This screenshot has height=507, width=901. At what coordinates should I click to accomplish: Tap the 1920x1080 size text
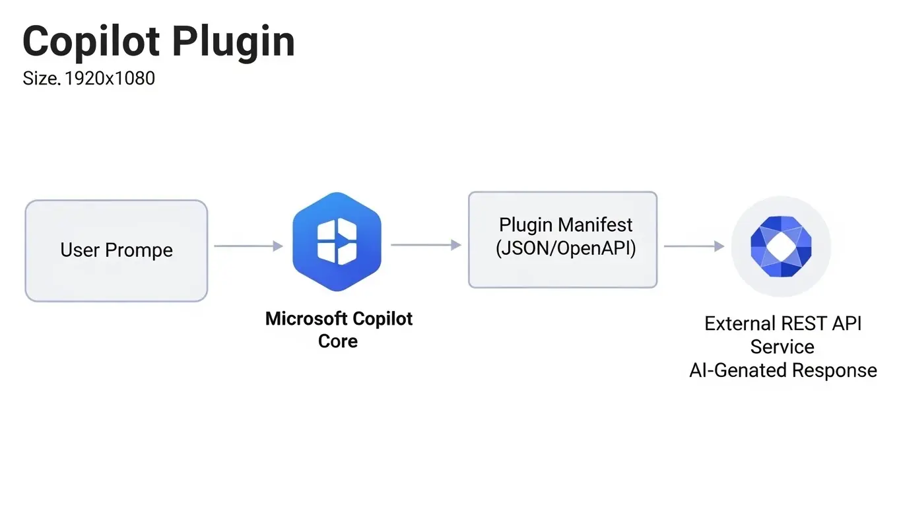pyautogui.click(x=110, y=79)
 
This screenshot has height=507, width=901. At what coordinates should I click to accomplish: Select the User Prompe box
pyautogui.click(x=116, y=251)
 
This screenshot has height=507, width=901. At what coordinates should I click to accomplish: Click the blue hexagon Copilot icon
pyautogui.click(x=337, y=242)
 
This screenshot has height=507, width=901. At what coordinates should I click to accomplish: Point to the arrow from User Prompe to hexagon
pyautogui.click(x=248, y=246)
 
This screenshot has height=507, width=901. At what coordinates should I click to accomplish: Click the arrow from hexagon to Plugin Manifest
pyautogui.click(x=426, y=245)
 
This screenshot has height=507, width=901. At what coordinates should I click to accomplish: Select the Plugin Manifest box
pyautogui.click(x=562, y=240)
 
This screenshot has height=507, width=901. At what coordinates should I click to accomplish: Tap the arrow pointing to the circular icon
pyautogui.click(x=694, y=246)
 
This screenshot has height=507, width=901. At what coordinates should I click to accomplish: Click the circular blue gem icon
pyautogui.click(x=781, y=246)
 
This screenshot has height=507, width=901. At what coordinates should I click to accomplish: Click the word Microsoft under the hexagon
pyautogui.click(x=306, y=319)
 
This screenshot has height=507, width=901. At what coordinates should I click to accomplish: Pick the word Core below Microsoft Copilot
pyautogui.click(x=338, y=341)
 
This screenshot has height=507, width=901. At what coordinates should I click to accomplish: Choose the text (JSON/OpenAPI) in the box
pyautogui.click(x=566, y=250)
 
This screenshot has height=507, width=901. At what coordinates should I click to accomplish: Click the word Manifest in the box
pyautogui.click(x=595, y=225)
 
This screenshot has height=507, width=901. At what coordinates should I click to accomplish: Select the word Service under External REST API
pyautogui.click(x=782, y=347)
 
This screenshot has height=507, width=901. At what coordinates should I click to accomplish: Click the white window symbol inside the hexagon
pyautogui.click(x=337, y=240)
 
